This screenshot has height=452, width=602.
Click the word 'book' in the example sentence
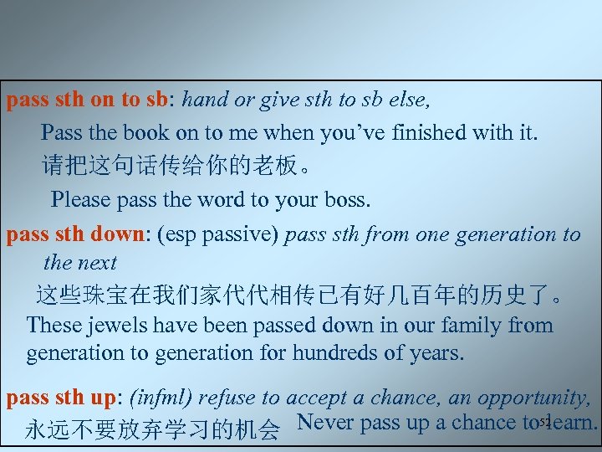(139, 132)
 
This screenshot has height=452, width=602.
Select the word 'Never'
(324, 423)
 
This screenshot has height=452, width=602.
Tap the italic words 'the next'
(79, 263)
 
